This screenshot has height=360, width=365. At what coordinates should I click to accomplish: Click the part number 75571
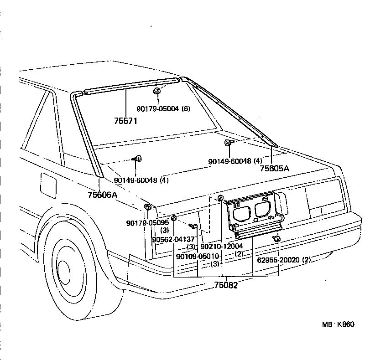tap(126, 121)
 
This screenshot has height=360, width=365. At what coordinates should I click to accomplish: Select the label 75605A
tap(275, 168)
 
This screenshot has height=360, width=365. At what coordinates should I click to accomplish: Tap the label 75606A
tap(103, 195)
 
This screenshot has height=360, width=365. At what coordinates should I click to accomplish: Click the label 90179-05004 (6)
tap(163, 109)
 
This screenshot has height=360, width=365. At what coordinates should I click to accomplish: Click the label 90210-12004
tap(222, 246)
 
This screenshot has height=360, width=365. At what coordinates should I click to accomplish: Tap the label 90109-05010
tap(198, 256)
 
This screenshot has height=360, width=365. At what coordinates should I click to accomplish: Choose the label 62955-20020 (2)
tap(284, 260)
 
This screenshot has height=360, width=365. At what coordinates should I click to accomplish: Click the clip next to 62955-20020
tap(276, 239)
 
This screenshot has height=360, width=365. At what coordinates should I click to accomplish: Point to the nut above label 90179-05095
tap(147, 208)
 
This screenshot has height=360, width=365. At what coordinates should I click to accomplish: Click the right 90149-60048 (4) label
tap(235, 161)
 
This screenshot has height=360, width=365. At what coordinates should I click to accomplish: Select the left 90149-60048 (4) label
tap(141, 180)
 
